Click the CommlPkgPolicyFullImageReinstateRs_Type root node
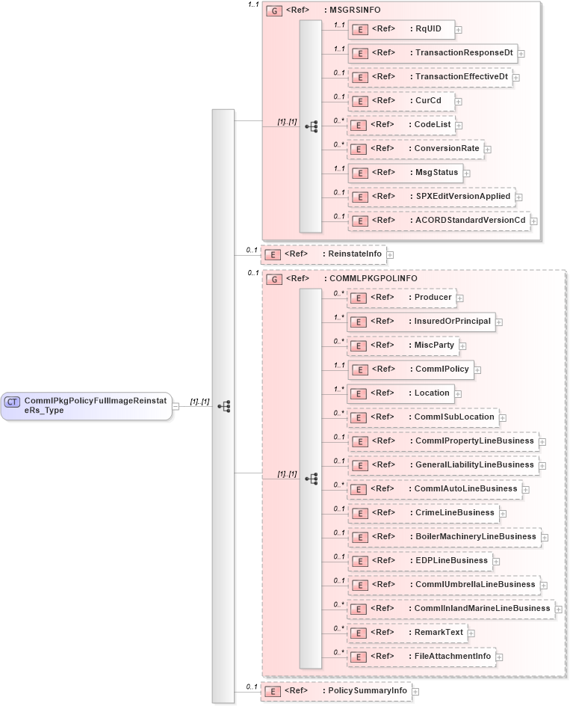86,406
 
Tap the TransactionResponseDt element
433,53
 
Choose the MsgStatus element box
404,173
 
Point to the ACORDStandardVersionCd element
439,221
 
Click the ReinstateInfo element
323,254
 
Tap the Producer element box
403,298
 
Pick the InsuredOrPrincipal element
421,322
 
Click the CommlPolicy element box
411,369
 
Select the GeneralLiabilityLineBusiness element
442,465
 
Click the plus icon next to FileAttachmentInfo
500,657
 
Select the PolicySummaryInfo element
335,691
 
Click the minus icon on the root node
176,406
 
